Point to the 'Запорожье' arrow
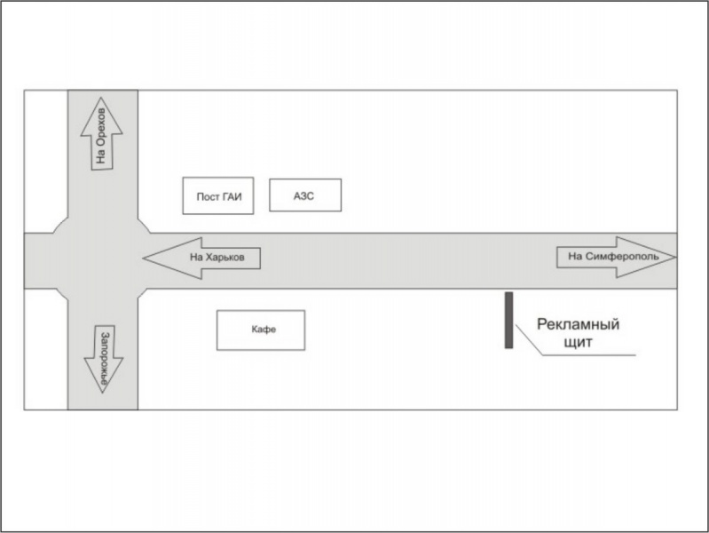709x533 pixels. point(103,356)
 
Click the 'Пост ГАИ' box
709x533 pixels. point(218,196)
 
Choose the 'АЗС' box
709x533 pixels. point(304,196)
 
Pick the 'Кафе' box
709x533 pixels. point(261,330)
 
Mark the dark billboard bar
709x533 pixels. point(508,320)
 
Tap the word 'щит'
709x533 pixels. point(578,341)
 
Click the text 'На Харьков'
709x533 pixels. point(224,259)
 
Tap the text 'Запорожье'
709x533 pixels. point(104,357)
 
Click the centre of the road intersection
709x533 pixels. point(102,260)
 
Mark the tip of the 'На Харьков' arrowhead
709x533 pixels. point(144,258)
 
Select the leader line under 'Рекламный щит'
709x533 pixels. point(586,356)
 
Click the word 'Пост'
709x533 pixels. point(208,196)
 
